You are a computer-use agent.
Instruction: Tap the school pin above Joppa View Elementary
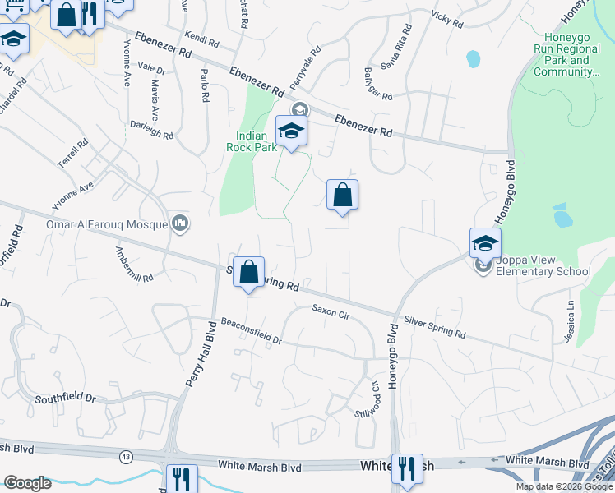[x=485, y=244]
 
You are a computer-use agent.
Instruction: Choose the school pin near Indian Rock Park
[x=291, y=131]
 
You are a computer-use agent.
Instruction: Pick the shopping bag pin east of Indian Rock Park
[x=342, y=196]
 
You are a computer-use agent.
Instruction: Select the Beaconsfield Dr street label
[x=250, y=333]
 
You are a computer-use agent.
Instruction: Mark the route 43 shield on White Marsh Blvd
[x=125, y=455]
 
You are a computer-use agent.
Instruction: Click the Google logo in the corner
[x=27, y=483]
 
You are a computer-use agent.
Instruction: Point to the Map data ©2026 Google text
[x=563, y=486]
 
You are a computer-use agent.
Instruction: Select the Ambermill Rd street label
[x=135, y=265]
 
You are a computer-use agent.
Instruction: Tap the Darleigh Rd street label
[x=151, y=130]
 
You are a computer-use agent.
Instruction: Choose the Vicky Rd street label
[x=447, y=20]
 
